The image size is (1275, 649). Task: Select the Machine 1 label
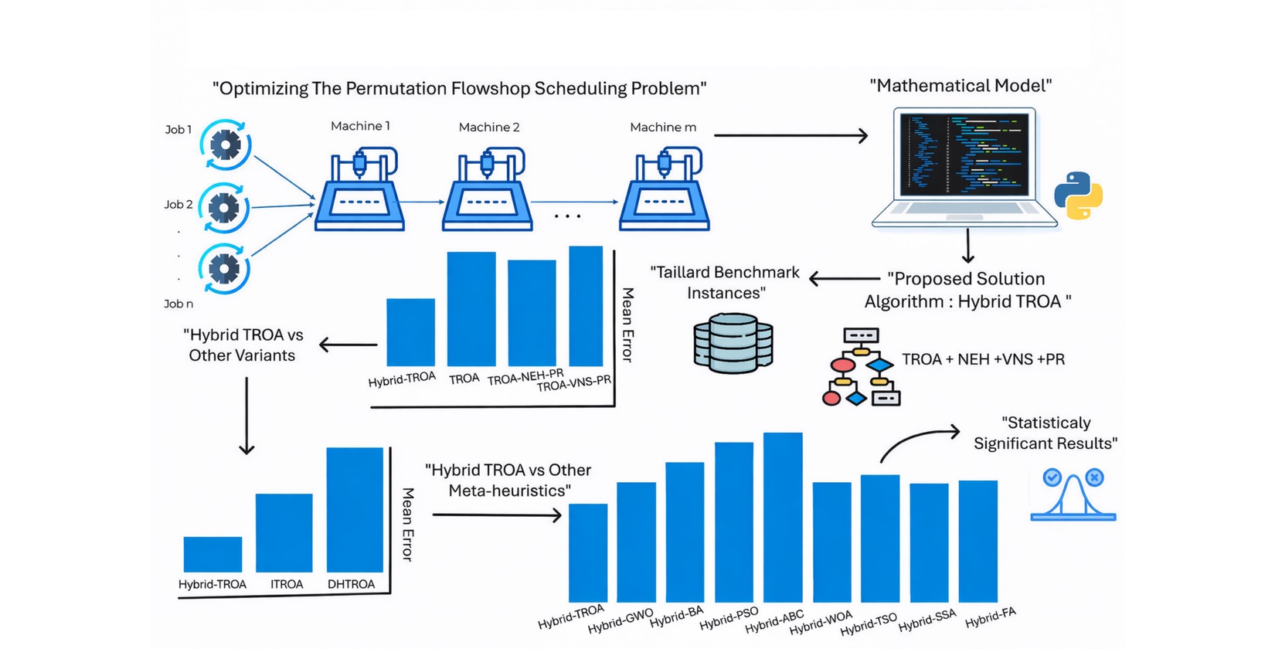click(360, 126)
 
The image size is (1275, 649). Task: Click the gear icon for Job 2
click(224, 208)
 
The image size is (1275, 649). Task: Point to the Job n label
click(178, 304)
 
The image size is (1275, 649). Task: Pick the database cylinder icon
click(733, 343)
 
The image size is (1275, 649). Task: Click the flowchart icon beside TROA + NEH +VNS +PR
click(861, 366)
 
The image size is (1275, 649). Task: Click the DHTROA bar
click(355, 509)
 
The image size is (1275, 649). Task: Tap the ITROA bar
click(284, 532)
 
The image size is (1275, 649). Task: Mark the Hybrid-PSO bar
click(734, 522)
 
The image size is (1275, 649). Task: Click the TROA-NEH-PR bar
click(532, 312)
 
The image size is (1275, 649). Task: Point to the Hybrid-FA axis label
click(990, 617)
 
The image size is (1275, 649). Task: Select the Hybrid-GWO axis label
click(620, 620)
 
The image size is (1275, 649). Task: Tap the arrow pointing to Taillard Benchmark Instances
click(844, 279)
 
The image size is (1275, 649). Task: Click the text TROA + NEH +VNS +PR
click(983, 359)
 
